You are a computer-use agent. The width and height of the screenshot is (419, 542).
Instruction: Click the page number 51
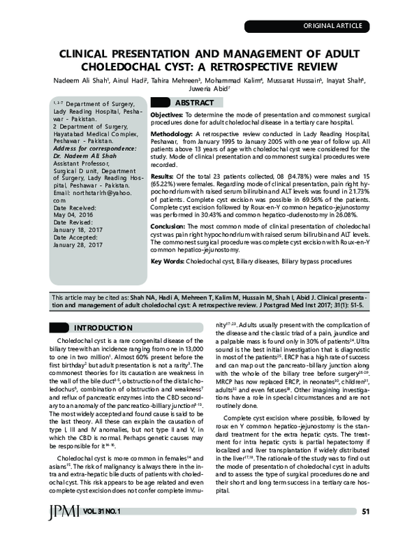coord(365,531)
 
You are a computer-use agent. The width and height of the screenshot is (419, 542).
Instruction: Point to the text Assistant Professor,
coord(82,164)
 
